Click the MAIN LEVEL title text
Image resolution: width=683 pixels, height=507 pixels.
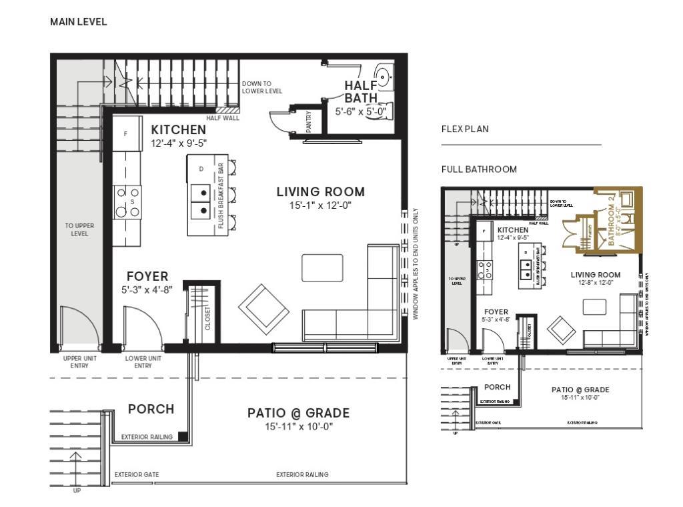(x=78, y=22)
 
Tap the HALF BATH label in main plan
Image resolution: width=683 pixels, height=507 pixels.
(x=361, y=91)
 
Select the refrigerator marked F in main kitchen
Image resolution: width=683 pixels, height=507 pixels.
(x=125, y=133)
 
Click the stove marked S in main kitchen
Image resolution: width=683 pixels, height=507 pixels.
(x=127, y=201)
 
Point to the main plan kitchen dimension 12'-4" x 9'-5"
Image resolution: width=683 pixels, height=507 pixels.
(x=179, y=143)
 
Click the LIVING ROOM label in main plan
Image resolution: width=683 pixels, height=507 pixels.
(x=321, y=192)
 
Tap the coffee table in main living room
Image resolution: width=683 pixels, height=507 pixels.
(x=323, y=268)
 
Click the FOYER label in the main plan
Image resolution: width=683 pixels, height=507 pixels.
(x=147, y=276)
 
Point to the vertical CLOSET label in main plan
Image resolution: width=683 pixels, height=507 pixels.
(x=207, y=319)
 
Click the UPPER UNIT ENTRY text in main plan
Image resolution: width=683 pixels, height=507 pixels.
(x=80, y=362)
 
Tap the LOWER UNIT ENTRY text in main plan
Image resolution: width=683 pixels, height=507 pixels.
(x=142, y=362)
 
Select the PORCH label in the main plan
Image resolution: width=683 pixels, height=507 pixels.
(x=151, y=409)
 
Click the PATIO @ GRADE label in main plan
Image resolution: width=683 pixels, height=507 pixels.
(x=298, y=413)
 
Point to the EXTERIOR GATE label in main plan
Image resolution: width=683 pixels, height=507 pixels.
(x=136, y=475)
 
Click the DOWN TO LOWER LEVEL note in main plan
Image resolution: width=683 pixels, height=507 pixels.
(x=261, y=87)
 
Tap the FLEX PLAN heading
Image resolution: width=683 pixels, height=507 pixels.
(x=465, y=129)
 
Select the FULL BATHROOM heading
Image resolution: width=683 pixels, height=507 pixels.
(x=479, y=169)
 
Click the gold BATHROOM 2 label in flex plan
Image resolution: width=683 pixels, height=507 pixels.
(x=612, y=225)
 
